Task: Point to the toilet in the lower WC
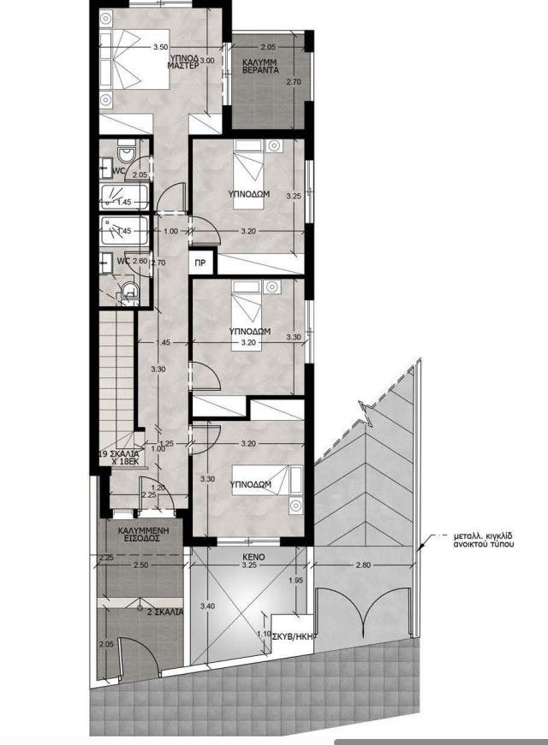click(129, 293)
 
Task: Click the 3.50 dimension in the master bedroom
click(158, 48)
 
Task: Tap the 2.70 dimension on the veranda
click(293, 82)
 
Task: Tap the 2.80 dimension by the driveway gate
click(364, 565)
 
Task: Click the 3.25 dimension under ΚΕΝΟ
click(250, 565)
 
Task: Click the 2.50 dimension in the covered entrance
click(142, 566)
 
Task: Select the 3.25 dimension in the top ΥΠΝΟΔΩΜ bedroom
click(294, 196)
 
